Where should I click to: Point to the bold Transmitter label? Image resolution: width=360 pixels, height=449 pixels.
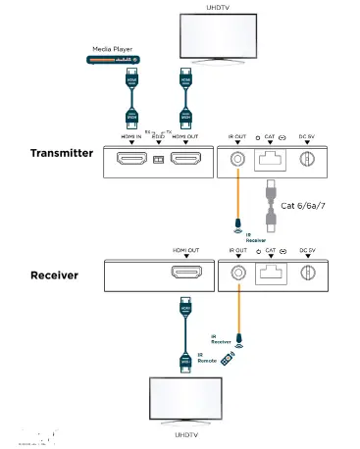pyautogui.click(x=63, y=153)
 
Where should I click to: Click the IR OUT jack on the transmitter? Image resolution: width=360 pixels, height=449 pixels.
pyautogui.click(x=237, y=157)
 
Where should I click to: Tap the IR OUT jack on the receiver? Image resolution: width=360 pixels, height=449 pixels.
pyautogui.click(x=237, y=274)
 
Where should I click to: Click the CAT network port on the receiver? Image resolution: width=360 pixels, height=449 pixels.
pyautogui.click(x=270, y=275)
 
